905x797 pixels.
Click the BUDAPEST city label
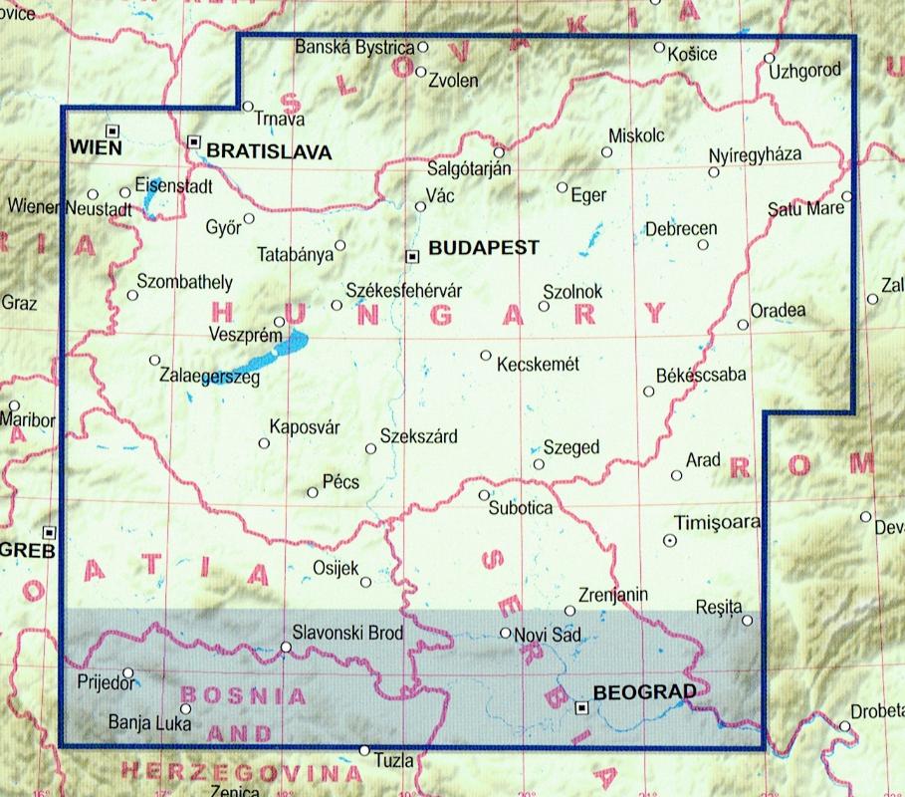(483, 248)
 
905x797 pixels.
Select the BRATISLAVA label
(268, 151)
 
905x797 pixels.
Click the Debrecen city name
(681, 229)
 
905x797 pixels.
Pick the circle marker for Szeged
(539, 464)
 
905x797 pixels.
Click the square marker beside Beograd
(582, 708)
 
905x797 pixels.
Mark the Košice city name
(693, 54)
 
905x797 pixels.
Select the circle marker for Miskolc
(606, 152)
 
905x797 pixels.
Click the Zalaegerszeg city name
(209, 377)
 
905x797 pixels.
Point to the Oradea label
(779, 310)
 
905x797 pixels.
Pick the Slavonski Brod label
(345, 632)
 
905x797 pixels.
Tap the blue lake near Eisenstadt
(149, 205)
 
